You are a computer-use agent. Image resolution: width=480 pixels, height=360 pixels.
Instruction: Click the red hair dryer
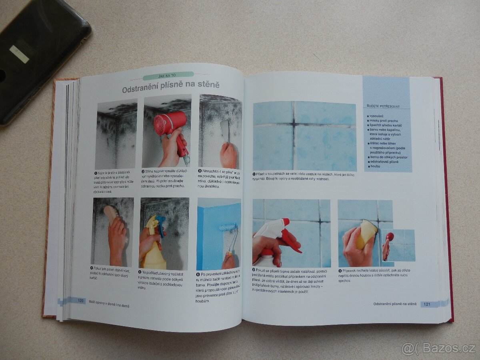(170, 124)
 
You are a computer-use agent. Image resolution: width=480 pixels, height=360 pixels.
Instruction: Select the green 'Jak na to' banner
(168, 75)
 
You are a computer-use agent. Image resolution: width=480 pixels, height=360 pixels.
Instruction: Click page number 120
(80, 300)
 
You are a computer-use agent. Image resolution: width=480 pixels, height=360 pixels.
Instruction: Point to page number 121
(426, 304)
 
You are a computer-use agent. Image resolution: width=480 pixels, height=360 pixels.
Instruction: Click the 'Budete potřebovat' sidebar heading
(383, 106)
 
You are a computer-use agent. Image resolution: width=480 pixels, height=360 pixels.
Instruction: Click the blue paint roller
(228, 228)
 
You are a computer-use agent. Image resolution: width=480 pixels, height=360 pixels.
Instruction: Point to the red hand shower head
(389, 237)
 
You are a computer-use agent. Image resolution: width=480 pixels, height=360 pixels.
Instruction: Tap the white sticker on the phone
(19, 54)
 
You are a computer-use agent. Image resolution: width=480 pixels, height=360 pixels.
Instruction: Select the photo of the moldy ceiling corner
(116, 134)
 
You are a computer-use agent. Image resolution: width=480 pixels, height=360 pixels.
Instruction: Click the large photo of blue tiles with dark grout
(304, 136)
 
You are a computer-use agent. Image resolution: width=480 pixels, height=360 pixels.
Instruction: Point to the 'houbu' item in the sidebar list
(375, 166)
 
